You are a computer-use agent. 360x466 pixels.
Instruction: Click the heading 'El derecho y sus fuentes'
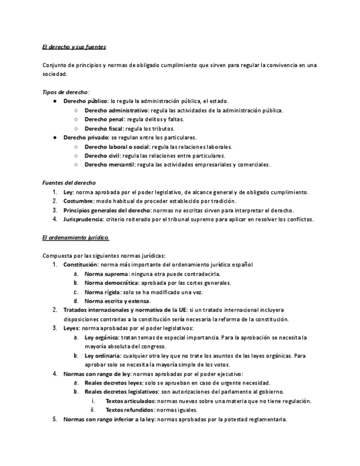coord(74,47)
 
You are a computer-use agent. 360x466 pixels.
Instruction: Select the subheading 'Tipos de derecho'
coord(65,92)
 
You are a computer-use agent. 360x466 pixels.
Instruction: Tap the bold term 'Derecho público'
coord(85,101)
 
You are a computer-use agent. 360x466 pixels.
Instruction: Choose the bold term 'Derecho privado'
coord(85,137)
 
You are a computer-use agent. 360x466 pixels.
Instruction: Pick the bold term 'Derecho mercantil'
coord(109,164)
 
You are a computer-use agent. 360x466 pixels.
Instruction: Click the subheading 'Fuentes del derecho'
coord(69,182)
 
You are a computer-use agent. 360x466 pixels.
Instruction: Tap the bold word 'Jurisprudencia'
coord(83,219)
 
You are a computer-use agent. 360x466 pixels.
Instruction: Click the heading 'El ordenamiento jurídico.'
coord(76,237)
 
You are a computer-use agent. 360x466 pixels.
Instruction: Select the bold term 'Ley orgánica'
coord(102,337)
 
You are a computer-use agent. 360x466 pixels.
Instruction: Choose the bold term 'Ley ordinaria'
coord(103,356)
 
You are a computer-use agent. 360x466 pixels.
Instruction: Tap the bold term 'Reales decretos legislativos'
coord(121,392)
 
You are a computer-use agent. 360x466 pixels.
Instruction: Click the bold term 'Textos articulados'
coord(130,401)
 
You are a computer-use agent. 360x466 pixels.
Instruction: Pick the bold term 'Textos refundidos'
coord(130,410)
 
